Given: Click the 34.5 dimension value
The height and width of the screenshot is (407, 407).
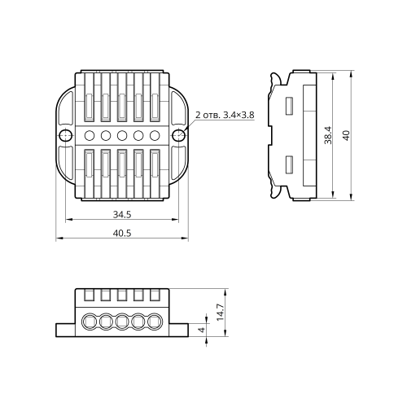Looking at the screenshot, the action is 122,215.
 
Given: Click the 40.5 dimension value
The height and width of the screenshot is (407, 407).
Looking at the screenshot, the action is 122,233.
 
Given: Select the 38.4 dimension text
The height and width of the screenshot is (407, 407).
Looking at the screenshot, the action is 328,135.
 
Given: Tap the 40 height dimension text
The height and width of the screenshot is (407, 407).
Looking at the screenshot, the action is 346,135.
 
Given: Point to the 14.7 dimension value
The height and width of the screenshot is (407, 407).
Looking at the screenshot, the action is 221,313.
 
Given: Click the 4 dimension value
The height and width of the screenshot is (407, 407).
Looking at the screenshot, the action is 202,330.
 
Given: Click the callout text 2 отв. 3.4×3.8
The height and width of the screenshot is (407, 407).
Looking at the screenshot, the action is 225,115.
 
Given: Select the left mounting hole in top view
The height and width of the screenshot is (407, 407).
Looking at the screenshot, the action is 66,135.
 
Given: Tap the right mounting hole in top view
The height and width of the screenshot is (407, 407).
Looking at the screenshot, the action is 179,135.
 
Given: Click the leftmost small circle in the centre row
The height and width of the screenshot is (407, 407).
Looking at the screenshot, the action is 90,135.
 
